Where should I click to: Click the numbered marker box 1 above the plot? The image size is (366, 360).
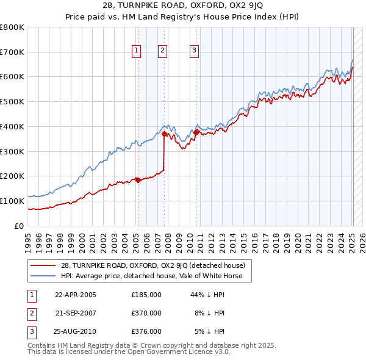click(x=135, y=51)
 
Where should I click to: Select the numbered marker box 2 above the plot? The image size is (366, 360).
click(x=163, y=51)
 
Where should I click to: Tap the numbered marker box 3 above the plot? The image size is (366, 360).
click(x=194, y=51)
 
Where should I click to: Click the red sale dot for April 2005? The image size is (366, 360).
click(x=138, y=179)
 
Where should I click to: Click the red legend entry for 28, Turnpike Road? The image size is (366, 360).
click(x=152, y=265)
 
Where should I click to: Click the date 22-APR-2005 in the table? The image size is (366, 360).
click(x=76, y=294)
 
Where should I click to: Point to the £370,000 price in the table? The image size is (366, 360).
click(x=146, y=313)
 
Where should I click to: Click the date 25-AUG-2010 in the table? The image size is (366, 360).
click(x=76, y=331)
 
